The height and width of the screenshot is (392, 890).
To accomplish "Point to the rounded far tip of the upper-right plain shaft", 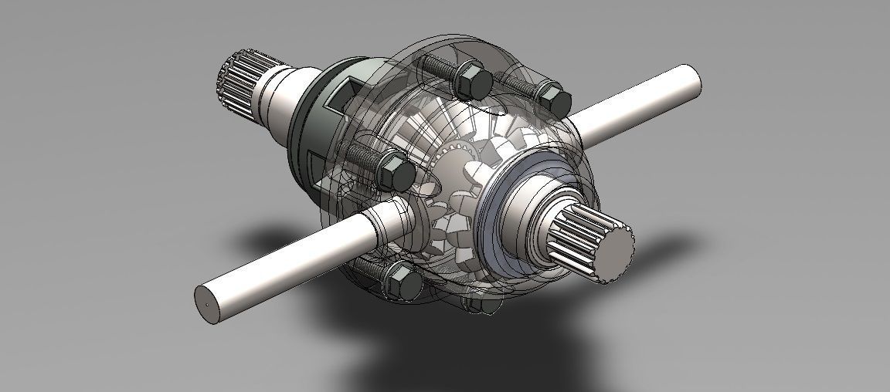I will coord(692,79).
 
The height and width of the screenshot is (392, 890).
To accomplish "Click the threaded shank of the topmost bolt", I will coord(440,66).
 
